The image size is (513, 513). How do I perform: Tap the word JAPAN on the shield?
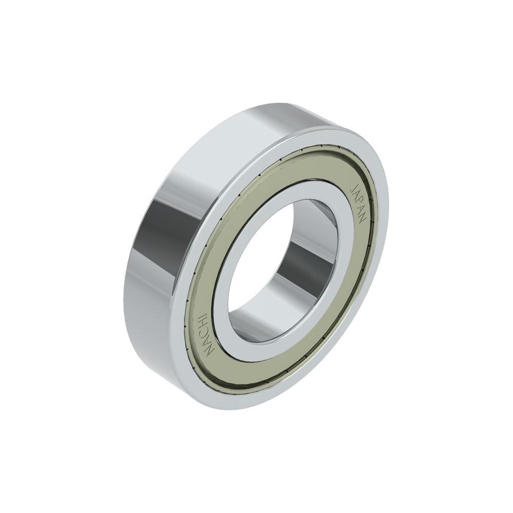point(359,202)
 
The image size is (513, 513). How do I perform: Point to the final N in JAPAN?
point(363,218)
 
